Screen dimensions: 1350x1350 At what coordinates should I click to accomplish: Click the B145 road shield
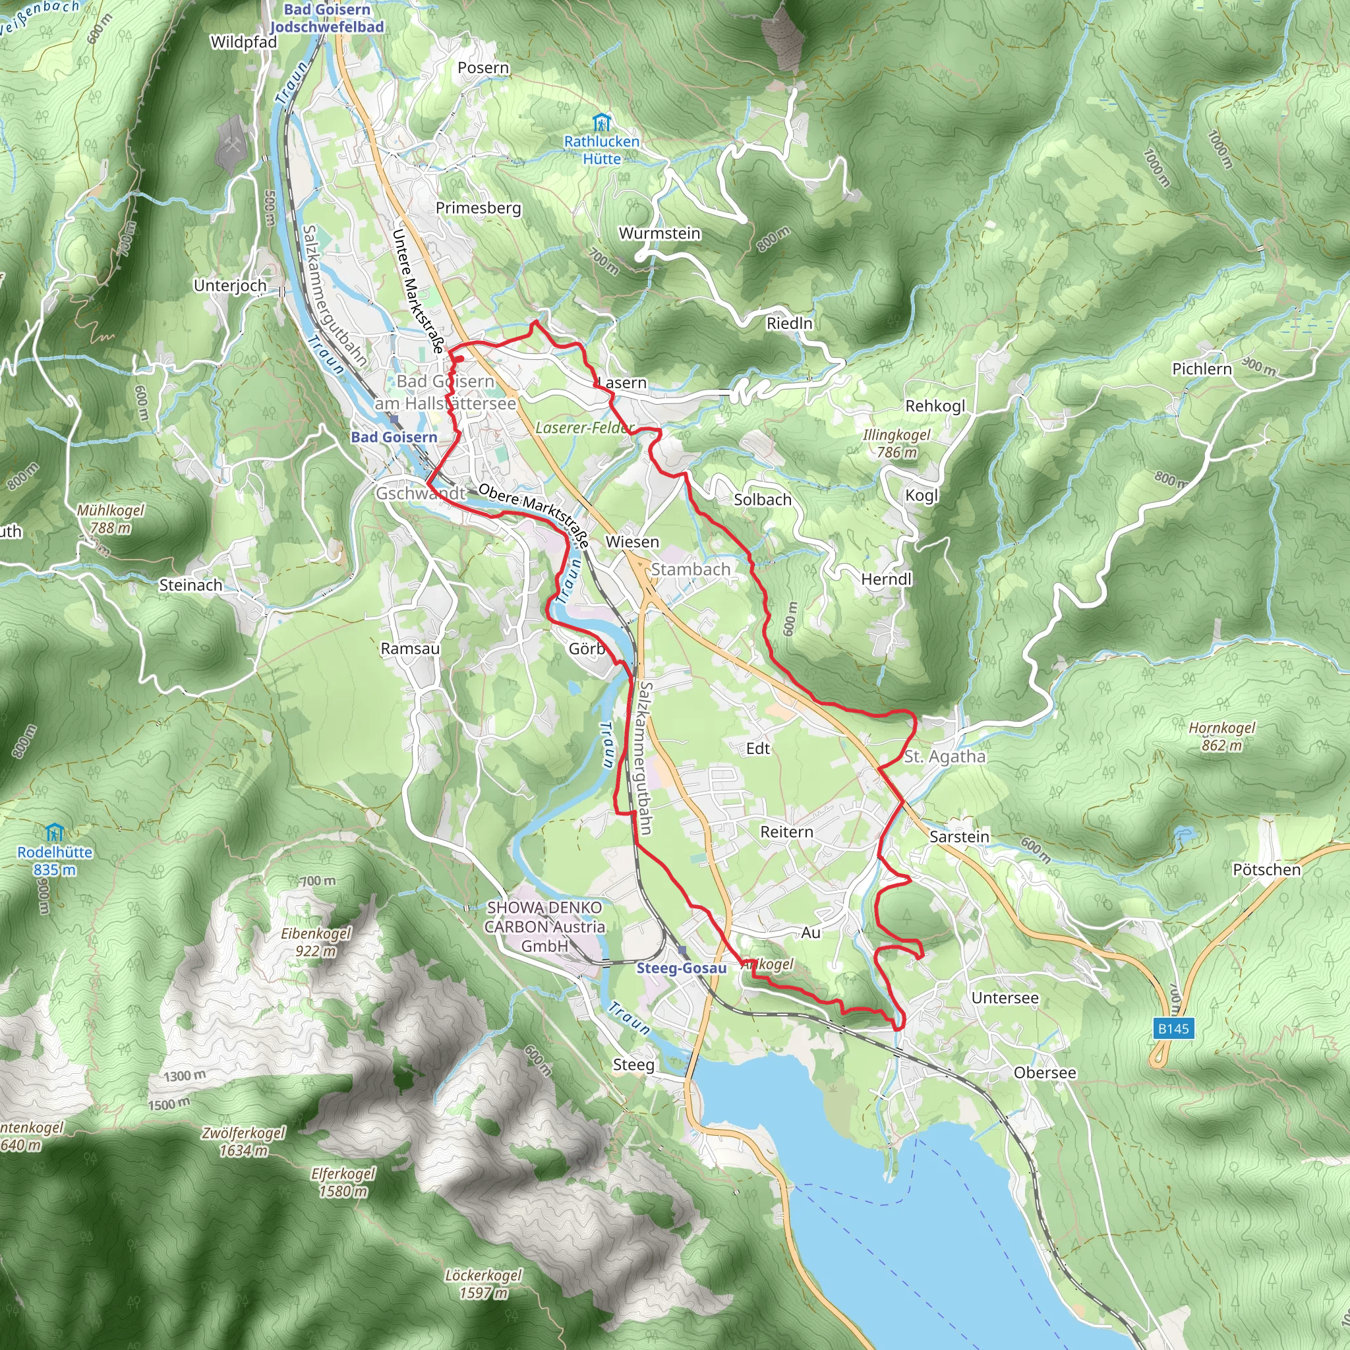1173,1028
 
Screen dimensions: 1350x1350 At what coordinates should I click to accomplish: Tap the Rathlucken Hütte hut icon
601,124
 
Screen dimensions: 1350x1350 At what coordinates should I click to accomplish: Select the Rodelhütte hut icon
55,833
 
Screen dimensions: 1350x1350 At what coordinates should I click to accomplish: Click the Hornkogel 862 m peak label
1222,736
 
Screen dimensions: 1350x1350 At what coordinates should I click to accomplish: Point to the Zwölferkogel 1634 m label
243,1141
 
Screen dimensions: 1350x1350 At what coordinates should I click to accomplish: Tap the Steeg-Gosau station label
682,968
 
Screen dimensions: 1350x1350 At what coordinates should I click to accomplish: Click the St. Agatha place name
945,756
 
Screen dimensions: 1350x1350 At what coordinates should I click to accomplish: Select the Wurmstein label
660,233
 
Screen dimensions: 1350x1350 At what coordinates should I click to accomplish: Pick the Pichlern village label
1202,369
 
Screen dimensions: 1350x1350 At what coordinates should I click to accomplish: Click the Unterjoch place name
230,286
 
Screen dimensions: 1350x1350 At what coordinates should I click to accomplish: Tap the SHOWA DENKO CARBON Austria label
544,927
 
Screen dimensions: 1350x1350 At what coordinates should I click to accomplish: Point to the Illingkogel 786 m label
896,443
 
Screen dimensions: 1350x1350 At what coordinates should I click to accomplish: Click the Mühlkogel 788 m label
110,519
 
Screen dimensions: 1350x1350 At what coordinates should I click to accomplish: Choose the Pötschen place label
1267,869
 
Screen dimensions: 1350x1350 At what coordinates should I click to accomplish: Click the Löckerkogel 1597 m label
484,1283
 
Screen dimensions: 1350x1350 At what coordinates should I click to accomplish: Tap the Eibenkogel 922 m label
316,942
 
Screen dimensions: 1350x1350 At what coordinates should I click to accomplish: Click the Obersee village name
1045,1072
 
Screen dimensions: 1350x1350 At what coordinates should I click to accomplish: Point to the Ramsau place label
410,649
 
